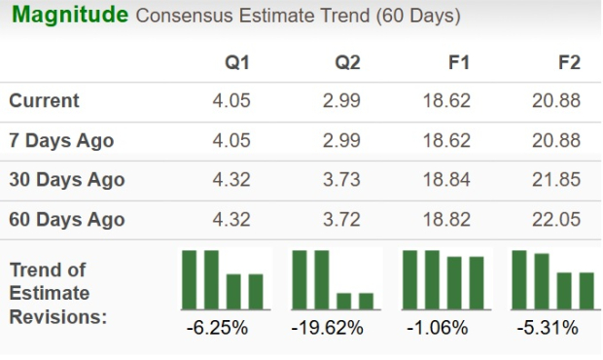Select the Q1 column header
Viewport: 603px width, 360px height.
pyautogui.click(x=237, y=62)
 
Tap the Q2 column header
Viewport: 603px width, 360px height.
pyautogui.click(x=347, y=62)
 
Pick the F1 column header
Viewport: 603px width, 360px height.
pyautogui.click(x=458, y=62)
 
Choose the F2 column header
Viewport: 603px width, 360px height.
pyautogui.click(x=568, y=62)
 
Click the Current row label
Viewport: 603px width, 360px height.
pyautogui.click(x=45, y=101)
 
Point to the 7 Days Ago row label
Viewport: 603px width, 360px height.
pyautogui.click(x=61, y=140)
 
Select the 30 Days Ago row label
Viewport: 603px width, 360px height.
pyautogui.click(x=67, y=180)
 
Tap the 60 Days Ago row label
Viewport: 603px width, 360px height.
pyautogui.click(x=67, y=220)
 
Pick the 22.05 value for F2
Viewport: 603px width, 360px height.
pyautogui.click(x=556, y=220)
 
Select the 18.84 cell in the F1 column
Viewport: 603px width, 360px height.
pyautogui.click(x=446, y=180)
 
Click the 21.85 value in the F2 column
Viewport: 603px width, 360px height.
pyautogui.click(x=556, y=180)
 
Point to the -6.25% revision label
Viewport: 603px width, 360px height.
pyautogui.click(x=216, y=327)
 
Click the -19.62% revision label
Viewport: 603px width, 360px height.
pyautogui.click(x=328, y=327)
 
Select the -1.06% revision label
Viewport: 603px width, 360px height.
pyautogui.click(x=437, y=327)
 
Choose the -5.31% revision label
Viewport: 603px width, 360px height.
pyautogui.click(x=548, y=327)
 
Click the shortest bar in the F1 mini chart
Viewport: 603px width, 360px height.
pyautogui.click(x=477, y=282)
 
